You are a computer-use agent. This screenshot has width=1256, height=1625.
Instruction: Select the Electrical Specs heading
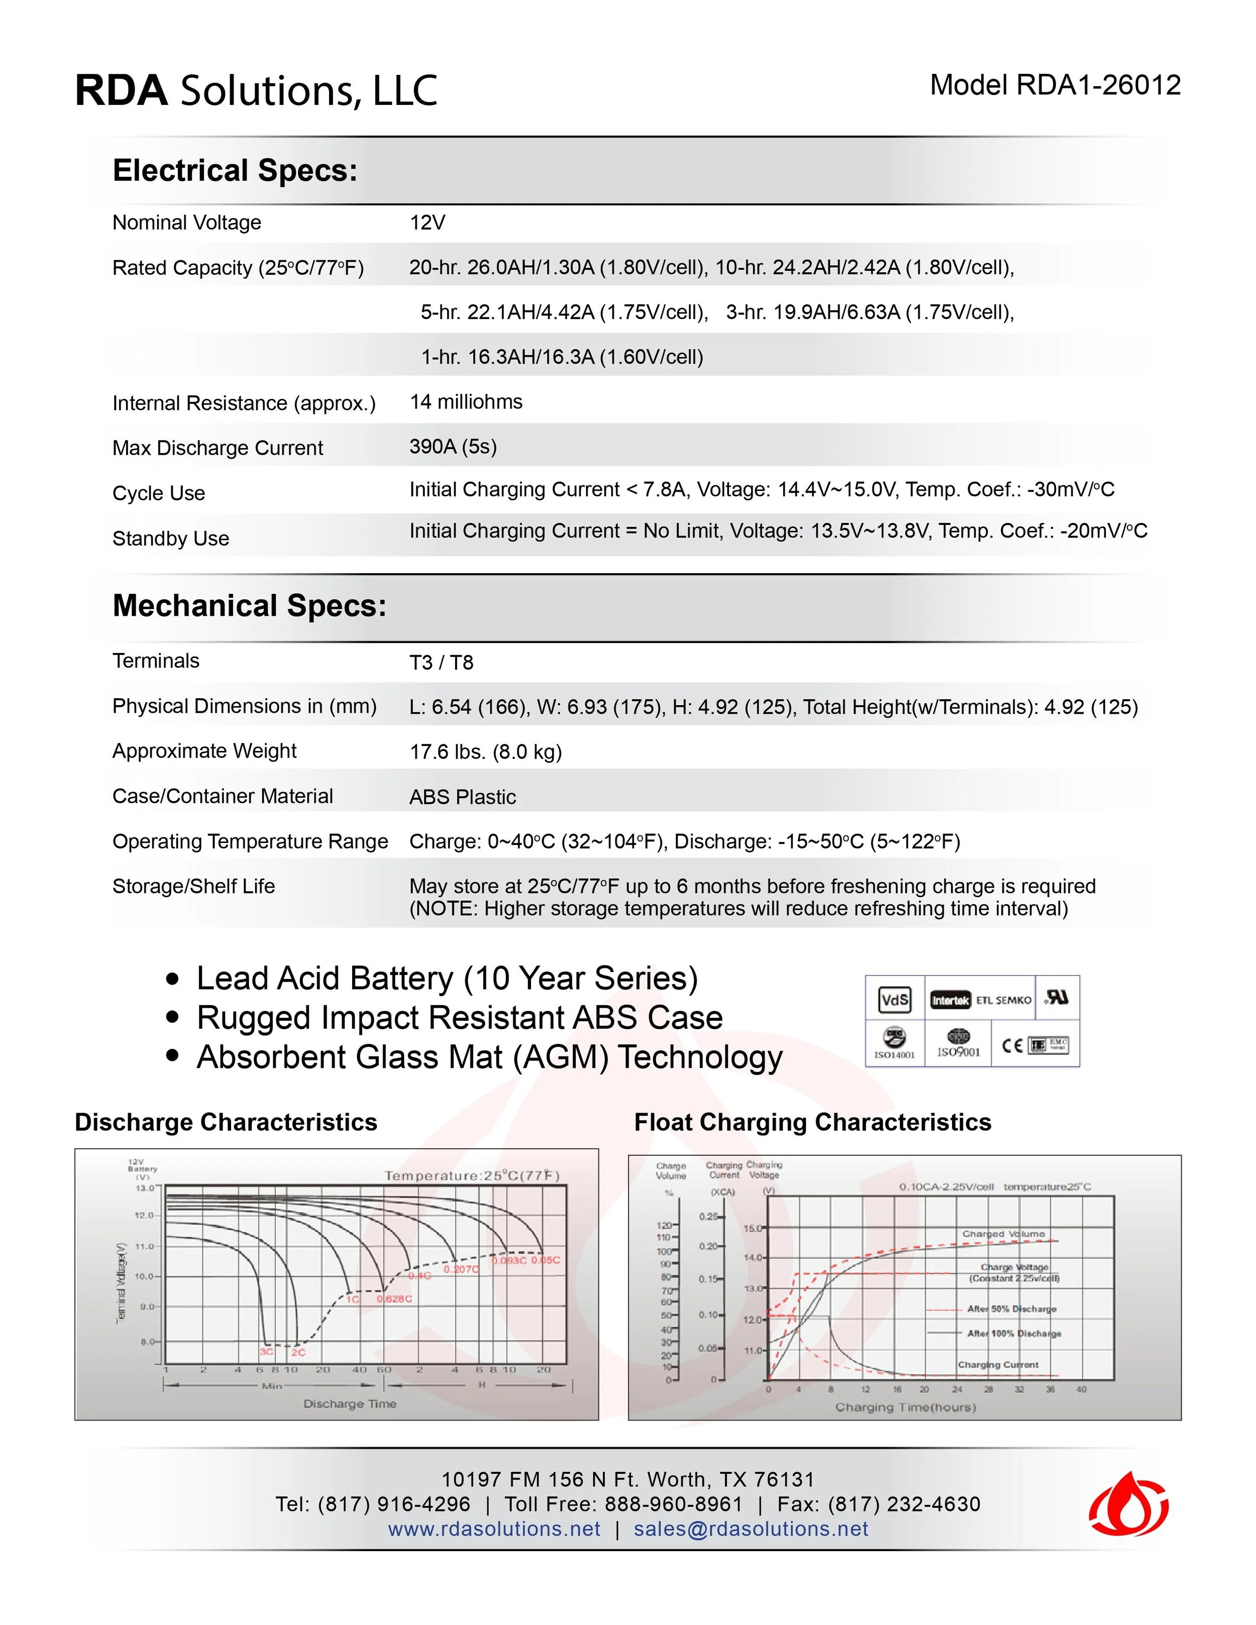(235, 171)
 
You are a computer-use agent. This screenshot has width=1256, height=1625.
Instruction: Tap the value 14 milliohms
(466, 402)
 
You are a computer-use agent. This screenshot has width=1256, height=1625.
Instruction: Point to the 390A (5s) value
(452, 447)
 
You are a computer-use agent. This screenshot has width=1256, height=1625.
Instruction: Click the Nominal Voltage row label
(187, 223)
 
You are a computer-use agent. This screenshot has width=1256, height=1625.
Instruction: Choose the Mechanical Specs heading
(249, 606)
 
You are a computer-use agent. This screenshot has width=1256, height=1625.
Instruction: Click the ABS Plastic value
(462, 797)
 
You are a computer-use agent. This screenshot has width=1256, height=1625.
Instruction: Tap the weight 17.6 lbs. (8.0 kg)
(485, 752)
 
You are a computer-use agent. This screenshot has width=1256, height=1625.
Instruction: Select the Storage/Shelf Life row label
(193, 886)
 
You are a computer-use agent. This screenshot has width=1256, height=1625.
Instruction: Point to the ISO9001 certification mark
(959, 1044)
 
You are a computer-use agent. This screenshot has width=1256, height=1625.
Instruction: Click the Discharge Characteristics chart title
(226, 1122)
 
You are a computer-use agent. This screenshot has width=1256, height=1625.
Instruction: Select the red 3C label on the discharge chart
(266, 1352)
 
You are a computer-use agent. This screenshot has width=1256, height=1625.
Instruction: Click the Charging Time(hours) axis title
(905, 1407)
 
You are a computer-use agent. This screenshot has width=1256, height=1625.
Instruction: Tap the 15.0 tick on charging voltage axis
(752, 1229)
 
